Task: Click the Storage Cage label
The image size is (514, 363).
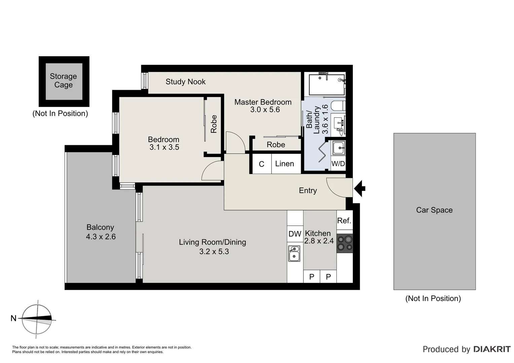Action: pos(63,81)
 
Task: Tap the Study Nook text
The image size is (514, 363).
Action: pos(185,82)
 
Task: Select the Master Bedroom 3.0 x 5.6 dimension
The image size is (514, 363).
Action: pos(265,110)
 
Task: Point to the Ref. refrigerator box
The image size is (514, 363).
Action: pos(344,220)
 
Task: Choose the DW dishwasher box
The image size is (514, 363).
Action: pos(295,234)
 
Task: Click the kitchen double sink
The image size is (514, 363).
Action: pos(294,253)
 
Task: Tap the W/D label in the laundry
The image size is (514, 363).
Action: pos(338,164)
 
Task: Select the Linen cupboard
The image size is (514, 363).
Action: pos(285,164)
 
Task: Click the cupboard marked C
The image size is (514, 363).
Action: pos(261,164)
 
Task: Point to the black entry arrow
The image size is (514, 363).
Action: pos(360,188)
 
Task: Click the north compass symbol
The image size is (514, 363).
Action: pos(37,319)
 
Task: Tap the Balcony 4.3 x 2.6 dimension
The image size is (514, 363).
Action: pos(101,237)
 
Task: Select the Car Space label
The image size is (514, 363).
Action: pos(434,210)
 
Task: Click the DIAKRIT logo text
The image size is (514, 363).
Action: pos(492,349)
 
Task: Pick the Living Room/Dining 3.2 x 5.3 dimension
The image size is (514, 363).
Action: pos(214,251)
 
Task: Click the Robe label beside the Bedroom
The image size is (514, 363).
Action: pos(214,124)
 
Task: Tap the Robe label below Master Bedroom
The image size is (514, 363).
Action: pos(276,145)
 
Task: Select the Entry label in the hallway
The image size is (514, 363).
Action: pos(308,191)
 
